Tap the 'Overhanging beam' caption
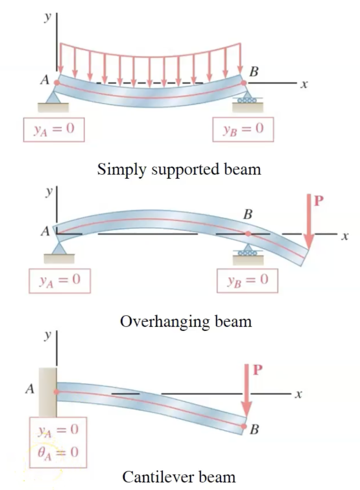pyautogui.click(x=186, y=321)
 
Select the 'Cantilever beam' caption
pyautogui.click(x=179, y=477)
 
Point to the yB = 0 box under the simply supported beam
pyautogui.click(x=243, y=128)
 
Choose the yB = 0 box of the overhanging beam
pyautogui.click(x=248, y=280)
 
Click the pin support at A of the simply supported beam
pyautogui.click(x=54, y=96)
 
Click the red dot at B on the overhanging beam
pyautogui.click(x=248, y=234)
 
